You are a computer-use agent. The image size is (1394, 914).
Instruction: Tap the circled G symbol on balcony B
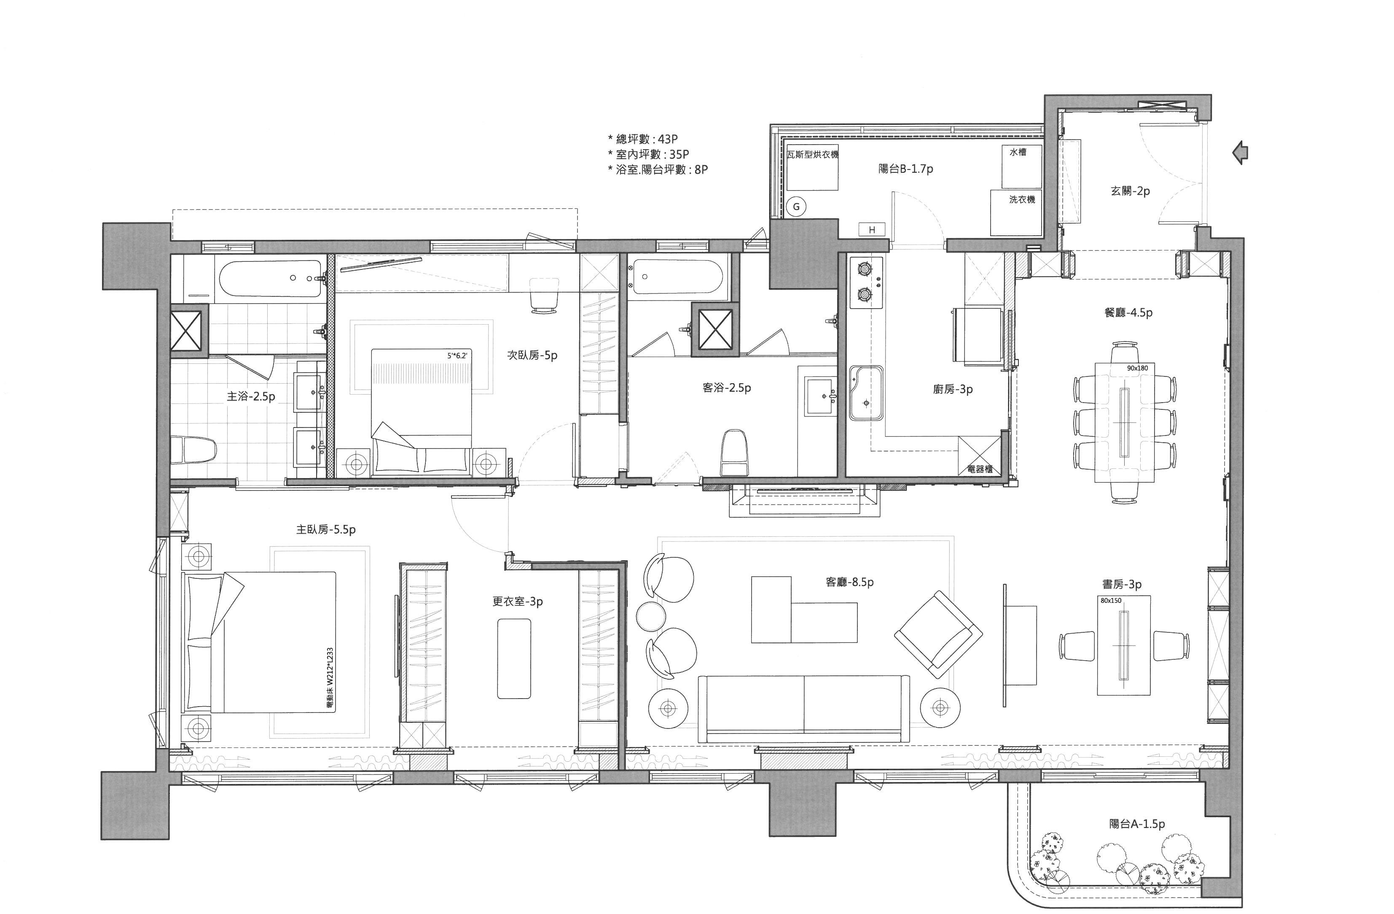click(x=796, y=206)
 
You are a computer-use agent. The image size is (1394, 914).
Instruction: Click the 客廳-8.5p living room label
click(x=849, y=582)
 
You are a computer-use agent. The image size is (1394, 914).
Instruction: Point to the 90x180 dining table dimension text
click(x=1137, y=368)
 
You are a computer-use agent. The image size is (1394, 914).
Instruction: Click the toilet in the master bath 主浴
click(x=194, y=449)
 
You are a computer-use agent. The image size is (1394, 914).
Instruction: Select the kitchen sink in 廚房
click(x=866, y=393)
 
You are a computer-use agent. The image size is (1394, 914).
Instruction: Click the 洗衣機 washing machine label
click(x=1021, y=200)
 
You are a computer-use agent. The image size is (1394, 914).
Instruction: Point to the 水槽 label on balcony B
click(x=1018, y=152)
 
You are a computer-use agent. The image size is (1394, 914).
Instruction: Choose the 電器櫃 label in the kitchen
click(x=980, y=469)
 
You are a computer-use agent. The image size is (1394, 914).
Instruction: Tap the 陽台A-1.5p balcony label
click(x=1137, y=824)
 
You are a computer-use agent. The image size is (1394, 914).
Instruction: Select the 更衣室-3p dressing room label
click(x=517, y=602)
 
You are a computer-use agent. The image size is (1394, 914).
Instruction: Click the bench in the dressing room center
click(x=514, y=659)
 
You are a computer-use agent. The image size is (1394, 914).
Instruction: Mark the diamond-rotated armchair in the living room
click(x=938, y=634)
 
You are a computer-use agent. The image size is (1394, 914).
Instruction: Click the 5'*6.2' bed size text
click(x=457, y=355)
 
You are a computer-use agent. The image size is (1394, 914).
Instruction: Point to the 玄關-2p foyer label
click(x=1130, y=191)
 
